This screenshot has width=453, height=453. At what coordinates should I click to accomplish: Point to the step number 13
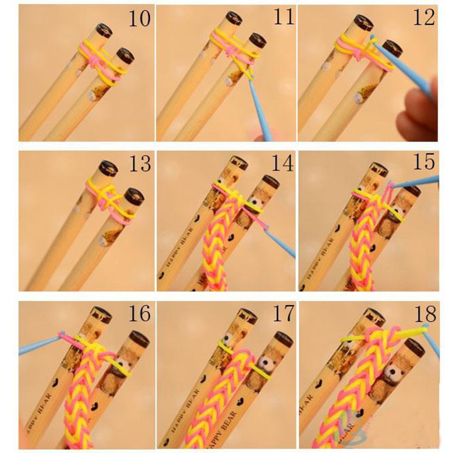(x=139, y=164)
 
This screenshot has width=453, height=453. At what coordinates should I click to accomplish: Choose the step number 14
(x=283, y=164)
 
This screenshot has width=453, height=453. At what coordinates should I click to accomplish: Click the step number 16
(x=139, y=313)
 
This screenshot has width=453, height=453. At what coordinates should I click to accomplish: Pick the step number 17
(x=281, y=313)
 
